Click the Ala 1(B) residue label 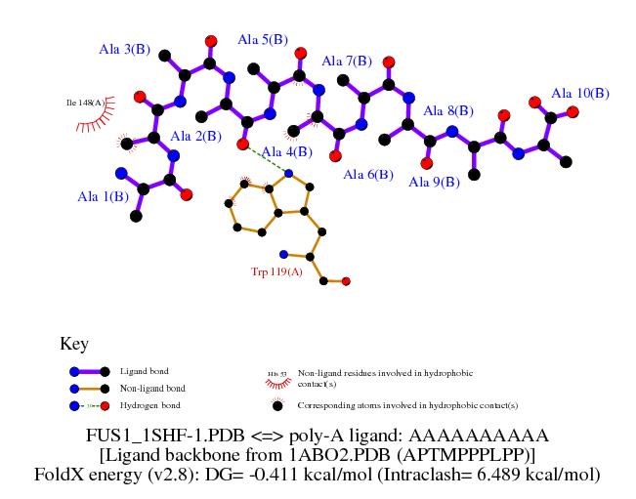click(103, 196)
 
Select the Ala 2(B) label click(194, 137)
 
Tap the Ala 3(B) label click(124, 48)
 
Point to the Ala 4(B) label click(287, 151)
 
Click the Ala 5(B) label click(263, 39)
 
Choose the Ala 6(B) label click(368, 175)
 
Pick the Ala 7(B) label click(346, 61)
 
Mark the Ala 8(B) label click(448, 110)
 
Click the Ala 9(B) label click(434, 182)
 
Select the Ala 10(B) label click(580, 93)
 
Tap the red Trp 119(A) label click(277, 271)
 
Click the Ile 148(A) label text click(84, 102)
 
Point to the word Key click(74, 344)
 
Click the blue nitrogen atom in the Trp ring click(288, 174)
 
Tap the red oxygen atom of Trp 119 click(346, 281)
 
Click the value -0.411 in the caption click(283, 474)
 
